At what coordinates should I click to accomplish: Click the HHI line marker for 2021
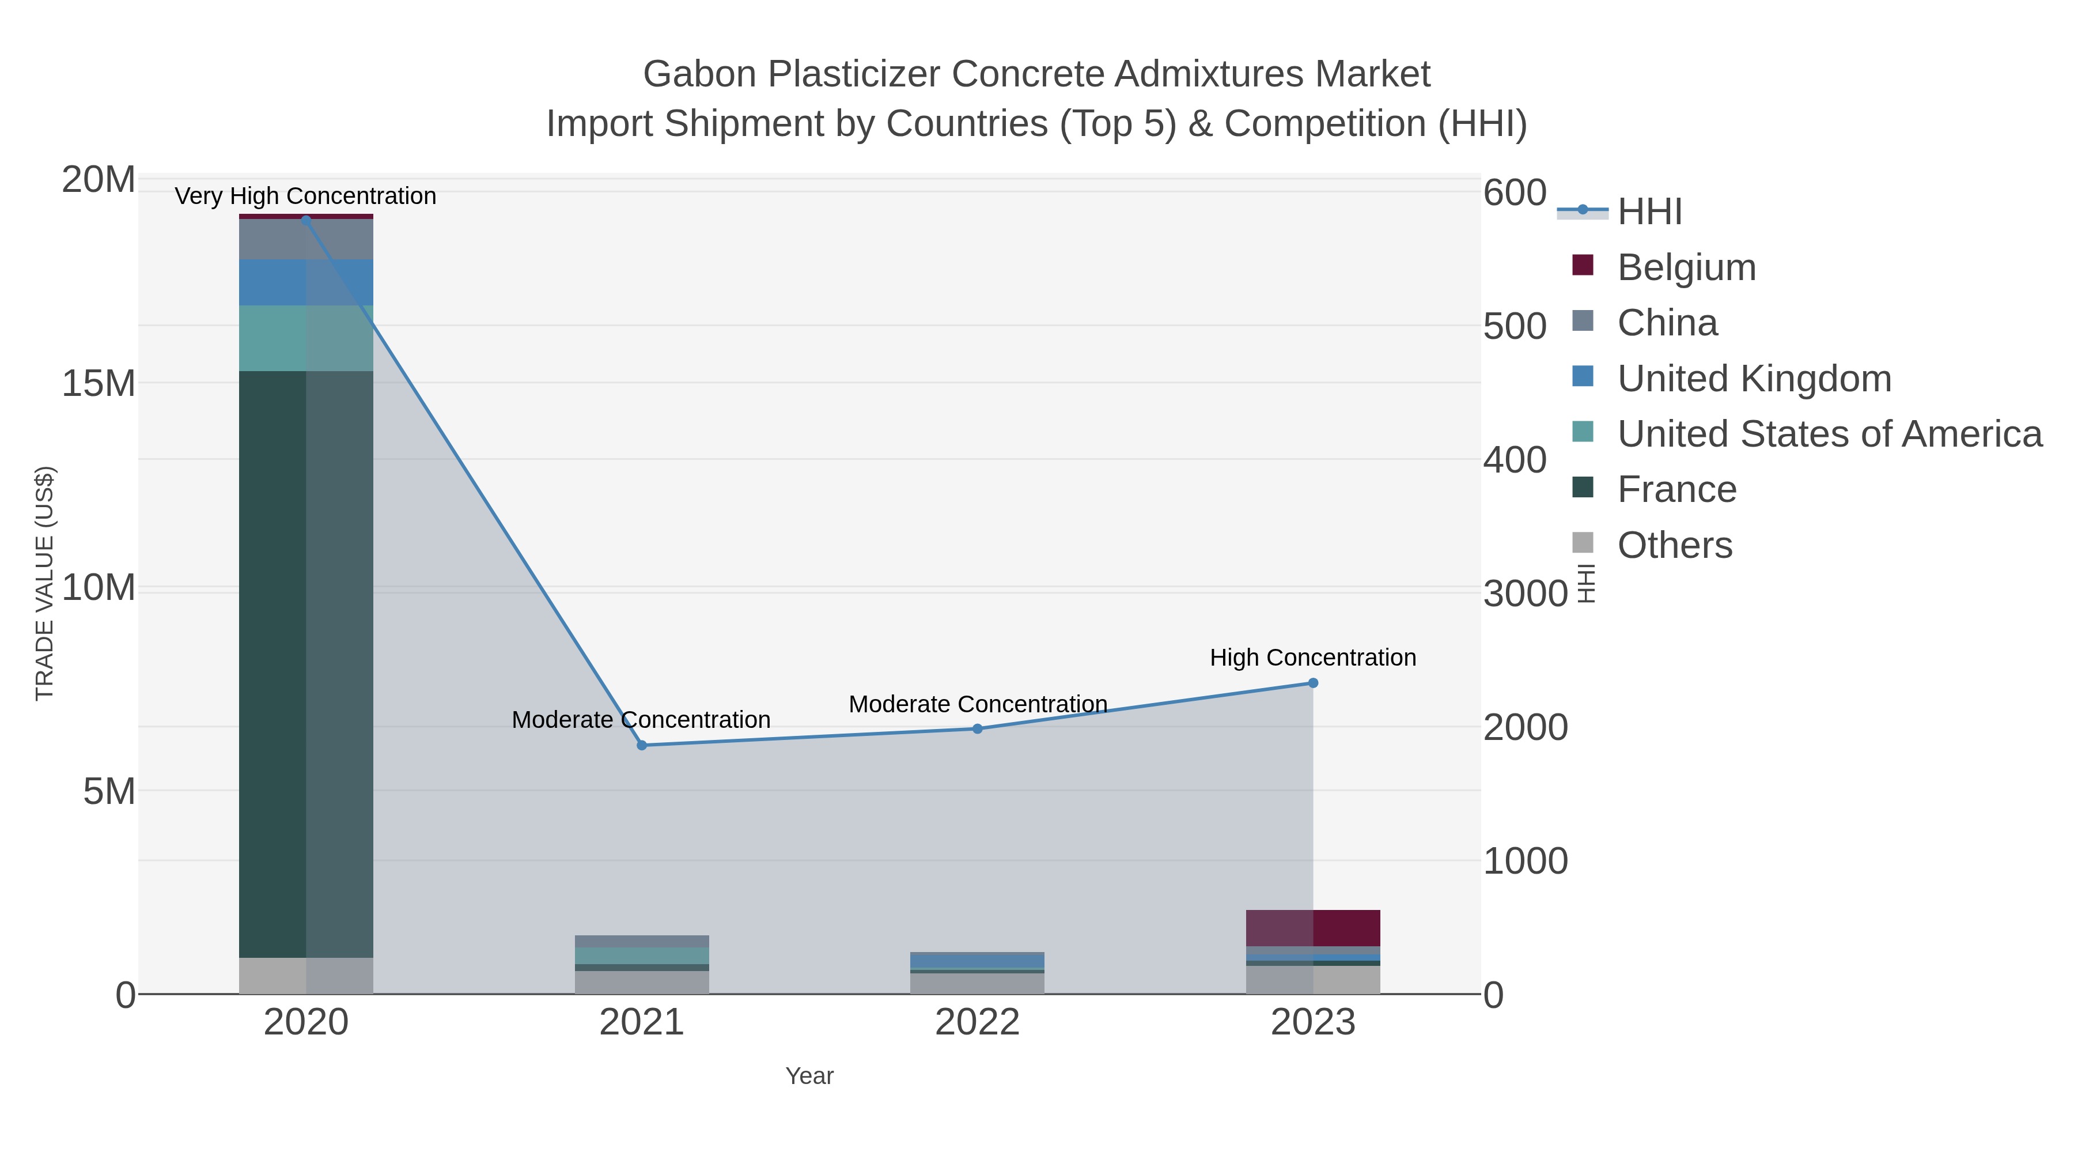point(642,745)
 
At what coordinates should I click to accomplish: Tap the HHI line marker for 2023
point(1312,683)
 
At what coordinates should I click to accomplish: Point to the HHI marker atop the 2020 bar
point(306,219)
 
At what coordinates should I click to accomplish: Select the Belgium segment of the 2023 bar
point(1312,928)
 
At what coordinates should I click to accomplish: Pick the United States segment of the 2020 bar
point(306,338)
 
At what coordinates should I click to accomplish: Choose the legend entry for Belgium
point(1686,267)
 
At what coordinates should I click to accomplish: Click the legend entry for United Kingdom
point(1754,379)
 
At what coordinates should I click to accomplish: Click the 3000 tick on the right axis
point(1525,594)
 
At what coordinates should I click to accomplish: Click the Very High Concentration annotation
point(305,196)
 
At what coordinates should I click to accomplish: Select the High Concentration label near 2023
point(1312,657)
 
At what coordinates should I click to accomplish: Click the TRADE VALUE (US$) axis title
point(45,583)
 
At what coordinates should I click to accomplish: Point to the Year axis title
point(809,1076)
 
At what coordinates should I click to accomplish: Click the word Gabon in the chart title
point(699,74)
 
